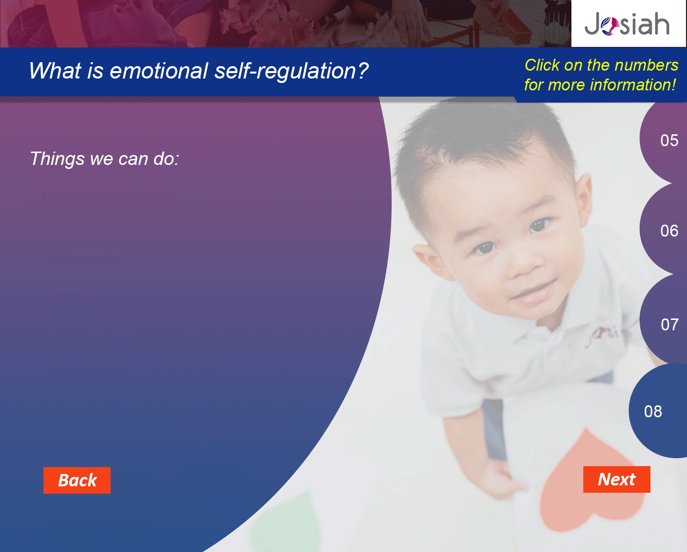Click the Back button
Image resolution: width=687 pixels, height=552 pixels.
pos(77,480)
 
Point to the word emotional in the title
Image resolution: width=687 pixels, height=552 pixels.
pos(159,71)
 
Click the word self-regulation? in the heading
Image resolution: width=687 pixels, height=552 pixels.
pos(291,71)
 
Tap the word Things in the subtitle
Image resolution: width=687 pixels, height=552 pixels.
pos(57,158)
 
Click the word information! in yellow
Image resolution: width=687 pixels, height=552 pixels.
pos(632,85)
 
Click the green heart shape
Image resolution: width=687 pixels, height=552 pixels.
pos(286,523)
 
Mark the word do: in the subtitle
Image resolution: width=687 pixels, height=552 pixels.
pos(166,158)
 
